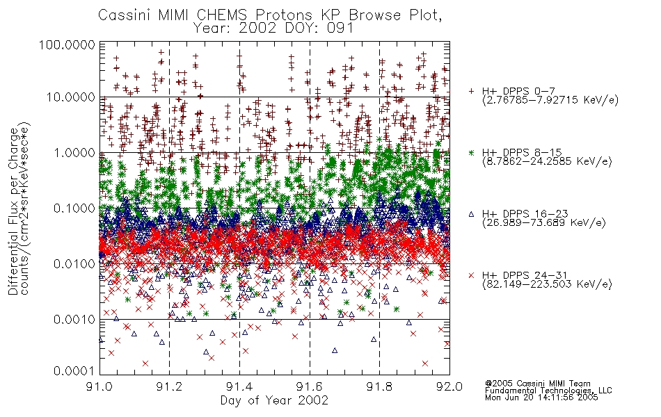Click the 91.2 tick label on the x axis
point(170,386)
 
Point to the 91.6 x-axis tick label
point(310,386)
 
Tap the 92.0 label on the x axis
point(449,386)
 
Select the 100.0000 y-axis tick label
point(67,44)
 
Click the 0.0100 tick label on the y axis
point(74,264)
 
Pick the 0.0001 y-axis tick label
point(74,371)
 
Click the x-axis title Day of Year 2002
point(274,400)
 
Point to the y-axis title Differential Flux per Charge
point(13,211)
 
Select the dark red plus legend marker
point(471,91)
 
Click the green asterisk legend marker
point(471,152)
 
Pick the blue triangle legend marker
point(471,214)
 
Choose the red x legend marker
point(471,275)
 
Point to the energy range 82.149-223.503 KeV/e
point(547,284)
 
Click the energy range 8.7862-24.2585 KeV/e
point(547,161)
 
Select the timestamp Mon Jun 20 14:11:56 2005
point(541,398)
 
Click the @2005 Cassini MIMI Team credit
point(538,384)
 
